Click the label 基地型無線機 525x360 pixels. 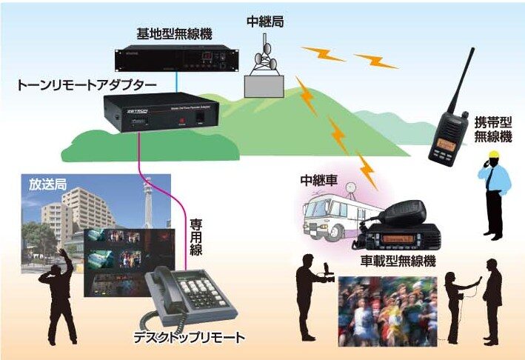coord(172,34)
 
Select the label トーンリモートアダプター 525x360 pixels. coord(86,86)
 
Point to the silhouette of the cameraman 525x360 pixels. coord(310,292)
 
